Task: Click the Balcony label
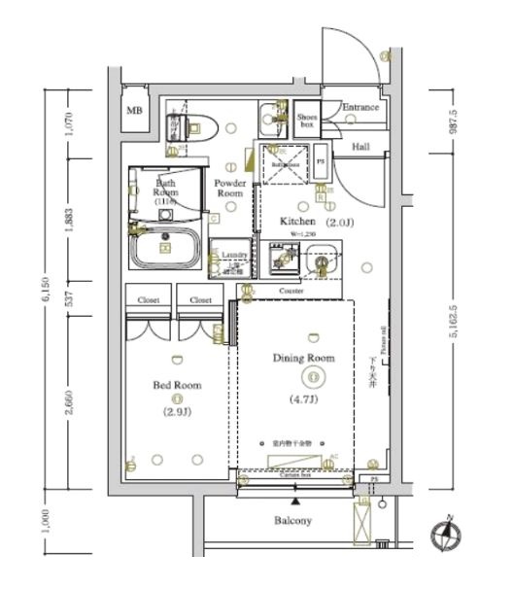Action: pyautogui.click(x=292, y=521)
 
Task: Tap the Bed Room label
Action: pyautogui.click(x=178, y=385)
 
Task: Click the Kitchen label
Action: pyautogui.click(x=298, y=222)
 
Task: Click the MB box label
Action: pyautogui.click(x=134, y=110)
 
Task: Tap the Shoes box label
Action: pyautogui.click(x=306, y=120)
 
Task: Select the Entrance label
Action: pyautogui.click(x=360, y=107)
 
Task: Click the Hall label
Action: pyautogui.click(x=360, y=147)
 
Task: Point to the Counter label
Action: pyautogui.click(x=291, y=291)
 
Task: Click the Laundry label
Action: pyautogui.click(x=234, y=255)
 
